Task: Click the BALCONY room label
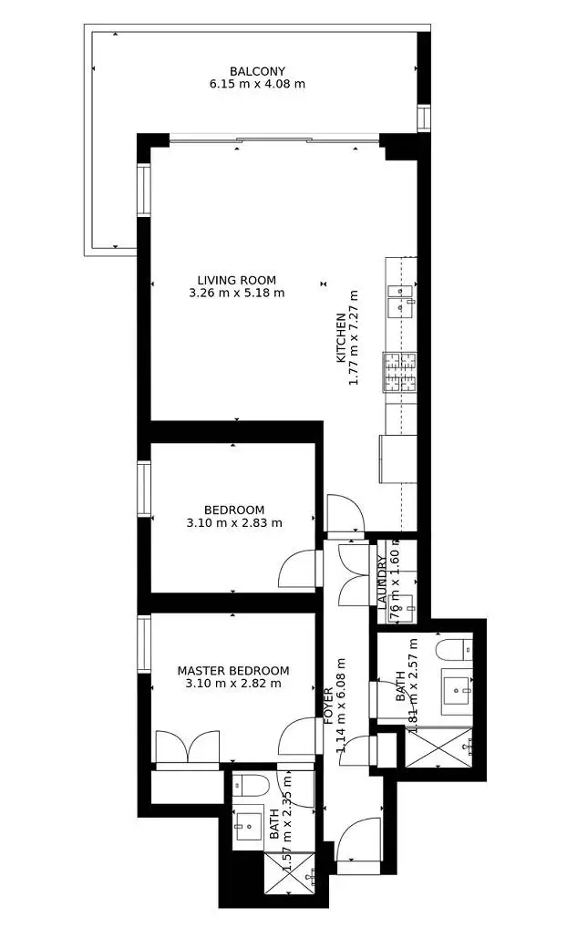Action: click(x=257, y=71)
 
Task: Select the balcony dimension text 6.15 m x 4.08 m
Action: click(x=257, y=84)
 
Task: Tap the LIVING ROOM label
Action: click(x=236, y=280)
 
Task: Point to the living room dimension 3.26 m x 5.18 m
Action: click(x=236, y=294)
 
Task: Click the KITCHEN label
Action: click(x=341, y=338)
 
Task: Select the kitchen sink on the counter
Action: click(x=400, y=300)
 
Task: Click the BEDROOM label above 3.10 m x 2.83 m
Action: click(x=234, y=510)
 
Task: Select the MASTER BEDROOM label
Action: click(x=233, y=670)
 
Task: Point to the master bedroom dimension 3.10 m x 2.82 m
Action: click(x=233, y=683)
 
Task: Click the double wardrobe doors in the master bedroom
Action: click(x=187, y=747)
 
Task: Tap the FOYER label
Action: click(x=329, y=704)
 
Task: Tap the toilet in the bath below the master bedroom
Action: click(x=249, y=785)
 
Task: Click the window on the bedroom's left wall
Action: click(x=143, y=488)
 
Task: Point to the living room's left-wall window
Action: click(x=143, y=190)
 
